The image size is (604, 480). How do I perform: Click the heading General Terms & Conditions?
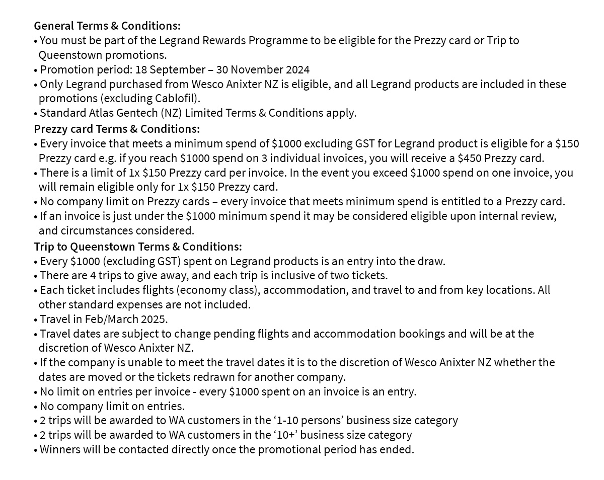point(107,26)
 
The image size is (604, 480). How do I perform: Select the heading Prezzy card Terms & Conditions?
point(117,128)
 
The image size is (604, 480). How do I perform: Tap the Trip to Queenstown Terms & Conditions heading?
point(138,247)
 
